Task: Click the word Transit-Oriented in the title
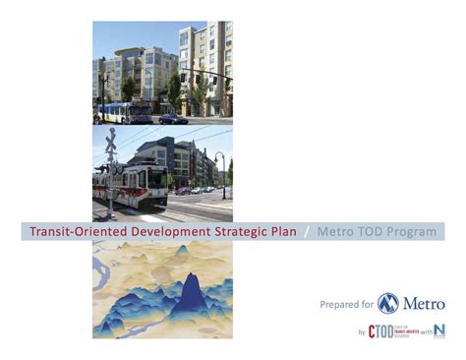click(72, 232)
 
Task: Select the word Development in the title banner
click(156, 232)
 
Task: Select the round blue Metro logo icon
click(389, 303)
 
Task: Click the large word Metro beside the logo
click(424, 304)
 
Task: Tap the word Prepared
click(340, 305)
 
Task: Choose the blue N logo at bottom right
click(438, 330)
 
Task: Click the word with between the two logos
click(424, 333)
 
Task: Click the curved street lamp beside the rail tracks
click(221, 172)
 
